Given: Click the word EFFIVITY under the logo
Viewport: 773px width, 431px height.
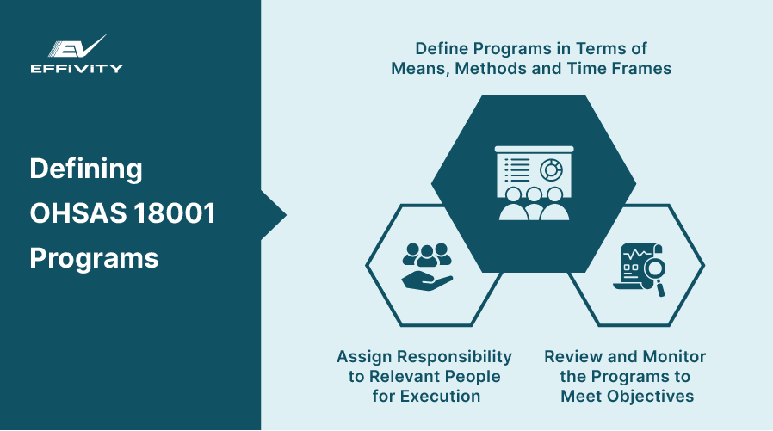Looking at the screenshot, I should pos(77,68).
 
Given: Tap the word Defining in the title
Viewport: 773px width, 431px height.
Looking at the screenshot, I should pos(86,169).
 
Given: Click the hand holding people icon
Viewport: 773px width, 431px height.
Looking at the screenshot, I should pos(427,266).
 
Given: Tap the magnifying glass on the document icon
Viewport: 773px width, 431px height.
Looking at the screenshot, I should pos(652,274).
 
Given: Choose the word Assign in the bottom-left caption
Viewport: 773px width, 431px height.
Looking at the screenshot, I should pos(363,357).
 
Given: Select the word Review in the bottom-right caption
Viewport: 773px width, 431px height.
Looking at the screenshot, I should pos(570,357).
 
